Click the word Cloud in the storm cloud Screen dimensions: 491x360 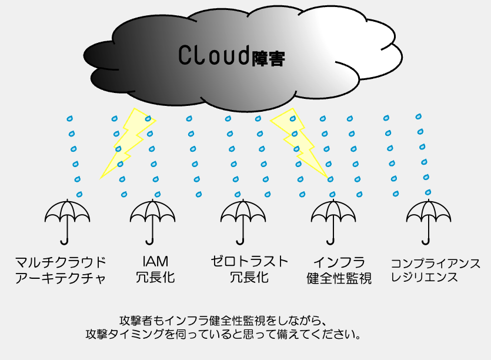pyautogui.click(x=214, y=55)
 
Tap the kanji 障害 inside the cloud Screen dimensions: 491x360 pyautogui.click(x=268, y=58)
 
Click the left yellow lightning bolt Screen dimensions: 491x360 pyautogui.click(x=128, y=142)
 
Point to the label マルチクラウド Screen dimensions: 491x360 pyautogui.click(x=61, y=262)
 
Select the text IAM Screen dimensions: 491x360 pyautogui.click(x=155, y=261)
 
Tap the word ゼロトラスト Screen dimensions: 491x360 pyautogui.click(x=249, y=261)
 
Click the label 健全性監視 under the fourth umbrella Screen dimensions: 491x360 pyautogui.click(x=339, y=278)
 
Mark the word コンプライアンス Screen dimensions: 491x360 pyautogui.click(x=436, y=264)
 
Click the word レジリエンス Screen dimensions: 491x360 pyautogui.click(x=425, y=277)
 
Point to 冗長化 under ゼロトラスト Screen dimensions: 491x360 pyautogui.click(x=249, y=277)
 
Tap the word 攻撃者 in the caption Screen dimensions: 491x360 pyautogui.click(x=136, y=321)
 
